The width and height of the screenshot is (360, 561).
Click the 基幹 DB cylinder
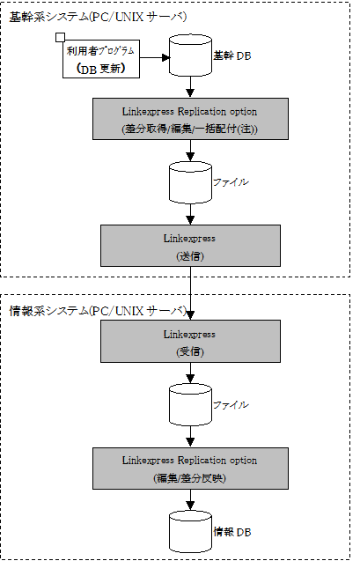(x=190, y=55)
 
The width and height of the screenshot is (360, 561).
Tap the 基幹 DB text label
(x=232, y=55)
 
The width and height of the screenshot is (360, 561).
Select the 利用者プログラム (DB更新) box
(x=101, y=59)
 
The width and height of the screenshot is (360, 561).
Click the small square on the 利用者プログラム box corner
(x=61, y=37)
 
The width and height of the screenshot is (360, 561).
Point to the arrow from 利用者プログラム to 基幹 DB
(x=154, y=57)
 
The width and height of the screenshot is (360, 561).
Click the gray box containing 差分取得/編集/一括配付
(x=190, y=119)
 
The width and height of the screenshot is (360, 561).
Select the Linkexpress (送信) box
(x=190, y=246)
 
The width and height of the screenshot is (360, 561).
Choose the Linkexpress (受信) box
(x=190, y=342)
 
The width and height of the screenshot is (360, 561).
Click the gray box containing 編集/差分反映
(x=190, y=469)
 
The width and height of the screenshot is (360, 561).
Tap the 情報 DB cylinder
(x=190, y=531)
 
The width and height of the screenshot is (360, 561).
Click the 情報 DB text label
(x=232, y=532)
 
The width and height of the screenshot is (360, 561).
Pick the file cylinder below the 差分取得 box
(x=190, y=182)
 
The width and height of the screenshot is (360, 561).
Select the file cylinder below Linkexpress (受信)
(x=190, y=404)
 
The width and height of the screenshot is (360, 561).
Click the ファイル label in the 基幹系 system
(x=231, y=182)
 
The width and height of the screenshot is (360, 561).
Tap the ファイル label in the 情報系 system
(x=231, y=404)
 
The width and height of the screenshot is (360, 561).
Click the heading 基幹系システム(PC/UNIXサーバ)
(x=98, y=17)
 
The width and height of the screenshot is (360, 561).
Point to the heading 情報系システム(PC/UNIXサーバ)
(x=98, y=311)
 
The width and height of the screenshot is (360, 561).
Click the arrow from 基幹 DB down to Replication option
(x=190, y=87)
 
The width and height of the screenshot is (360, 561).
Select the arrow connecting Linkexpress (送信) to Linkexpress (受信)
(x=190, y=293)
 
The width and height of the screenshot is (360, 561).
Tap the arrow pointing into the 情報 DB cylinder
(x=190, y=500)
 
